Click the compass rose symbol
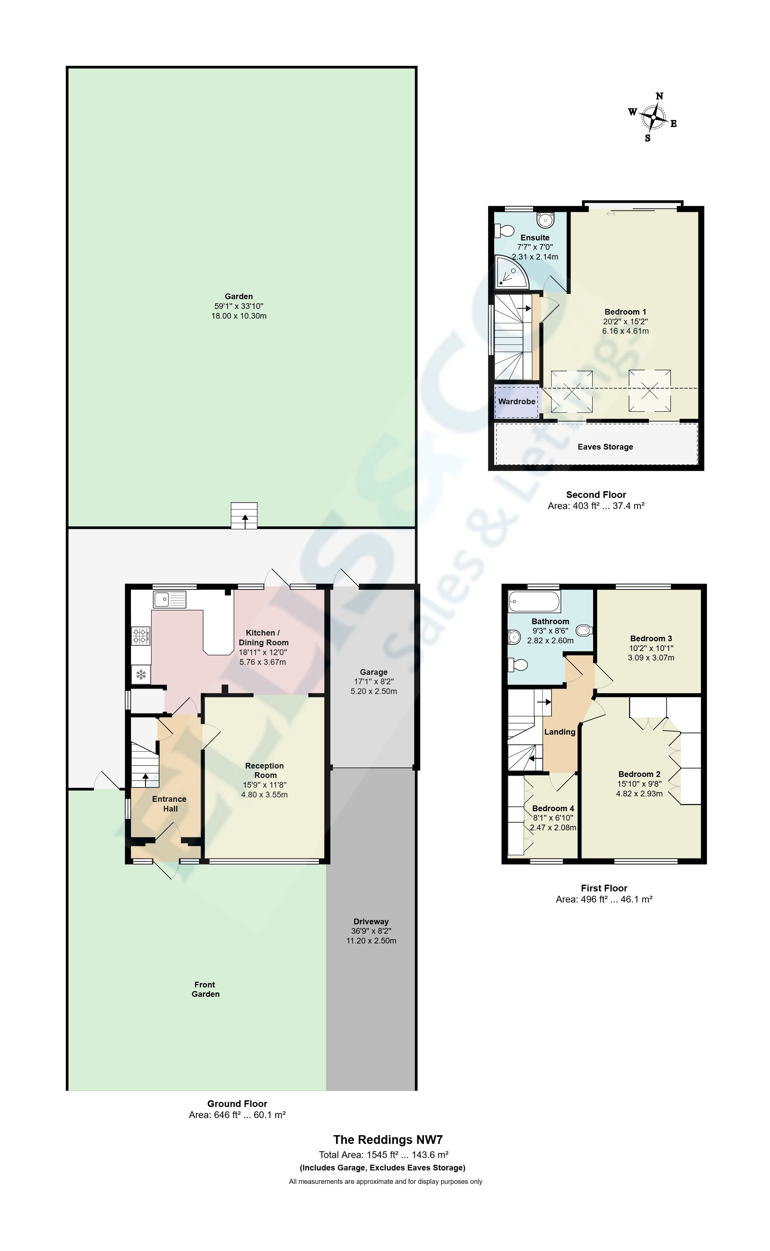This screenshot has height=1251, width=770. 654,117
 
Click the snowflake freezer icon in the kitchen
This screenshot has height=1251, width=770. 141,675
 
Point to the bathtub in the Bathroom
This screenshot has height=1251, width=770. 534,602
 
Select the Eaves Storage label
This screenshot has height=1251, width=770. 605,447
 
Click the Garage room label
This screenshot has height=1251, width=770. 374,672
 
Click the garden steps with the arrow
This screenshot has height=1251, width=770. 244,515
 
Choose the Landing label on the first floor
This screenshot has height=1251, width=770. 560,732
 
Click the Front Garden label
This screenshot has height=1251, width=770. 205,989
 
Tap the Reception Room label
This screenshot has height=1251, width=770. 265,770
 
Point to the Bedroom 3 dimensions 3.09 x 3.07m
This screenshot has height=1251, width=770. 651,658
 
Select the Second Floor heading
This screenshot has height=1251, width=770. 596,495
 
